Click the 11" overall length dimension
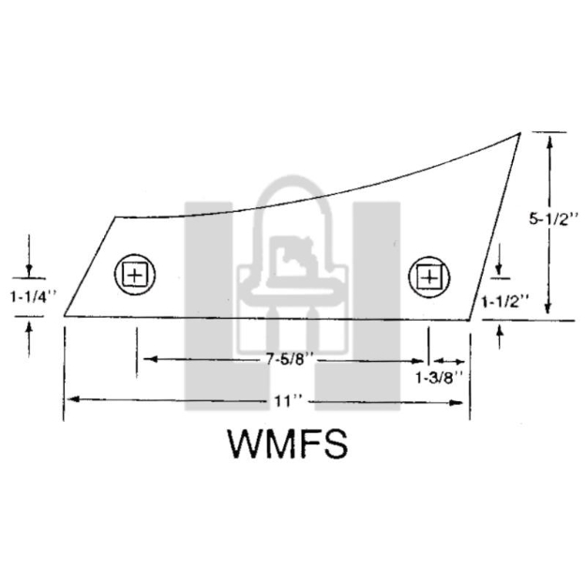[x=287, y=401]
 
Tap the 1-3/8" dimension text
[x=440, y=378]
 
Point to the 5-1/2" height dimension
[x=554, y=219]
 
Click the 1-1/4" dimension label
[x=33, y=297]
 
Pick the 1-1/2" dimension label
[x=505, y=301]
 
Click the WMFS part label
[x=288, y=444]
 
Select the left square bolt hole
[x=135, y=275]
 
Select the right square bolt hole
[x=429, y=278]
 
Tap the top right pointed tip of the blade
[x=519, y=133]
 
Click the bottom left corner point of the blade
[x=65, y=316]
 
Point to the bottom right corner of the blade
[x=470, y=321]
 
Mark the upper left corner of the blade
[x=114, y=217]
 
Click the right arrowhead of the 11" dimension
[x=457, y=402]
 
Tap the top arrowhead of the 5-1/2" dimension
[x=549, y=142]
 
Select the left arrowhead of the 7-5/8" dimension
[x=150, y=359]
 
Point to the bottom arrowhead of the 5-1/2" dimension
[x=548, y=308]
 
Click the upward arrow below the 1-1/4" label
[x=29, y=339]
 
